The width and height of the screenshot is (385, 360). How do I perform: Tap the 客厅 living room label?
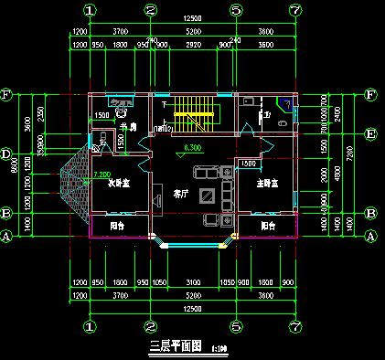(179, 193)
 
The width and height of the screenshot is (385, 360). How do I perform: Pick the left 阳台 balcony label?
(118, 225)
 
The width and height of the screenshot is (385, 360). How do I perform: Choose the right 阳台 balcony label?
(269, 225)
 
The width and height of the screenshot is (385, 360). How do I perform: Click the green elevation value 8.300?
(193, 148)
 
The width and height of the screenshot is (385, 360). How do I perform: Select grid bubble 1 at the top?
(90, 10)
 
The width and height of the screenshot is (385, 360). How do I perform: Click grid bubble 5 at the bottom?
(236, 325)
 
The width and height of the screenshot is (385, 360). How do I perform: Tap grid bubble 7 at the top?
(294, 10)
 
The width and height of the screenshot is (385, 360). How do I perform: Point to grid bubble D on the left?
(6, 154)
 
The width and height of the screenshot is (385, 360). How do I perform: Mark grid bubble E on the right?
(371, 133)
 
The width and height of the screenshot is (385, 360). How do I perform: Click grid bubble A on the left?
(6, 236)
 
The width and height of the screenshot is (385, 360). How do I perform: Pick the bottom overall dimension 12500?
(192, 309)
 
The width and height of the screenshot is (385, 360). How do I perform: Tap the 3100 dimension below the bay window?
(193, 282)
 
